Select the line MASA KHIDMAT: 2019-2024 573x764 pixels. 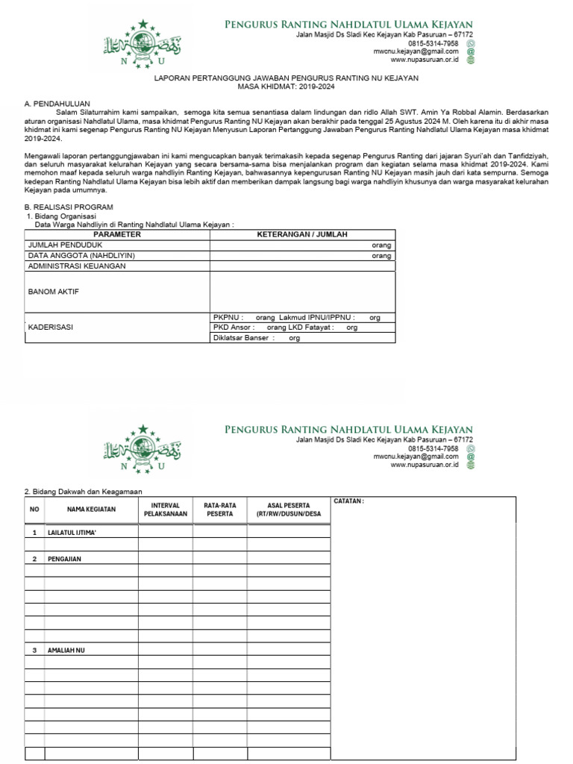pos(286,87)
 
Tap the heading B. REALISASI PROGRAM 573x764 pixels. pos(69,207)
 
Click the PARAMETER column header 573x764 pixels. pos(117,234)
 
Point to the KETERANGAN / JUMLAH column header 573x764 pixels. pos(302,234)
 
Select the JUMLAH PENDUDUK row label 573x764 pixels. pos(65,245)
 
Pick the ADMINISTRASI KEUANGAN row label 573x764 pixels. pos(76,266)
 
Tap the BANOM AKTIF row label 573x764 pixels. pos(53,291)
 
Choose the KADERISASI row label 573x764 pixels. pos(51,327)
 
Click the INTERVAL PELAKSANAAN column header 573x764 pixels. pos(165,510)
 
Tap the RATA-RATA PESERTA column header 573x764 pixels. pos(220,510)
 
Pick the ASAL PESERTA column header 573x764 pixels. pos(288,510)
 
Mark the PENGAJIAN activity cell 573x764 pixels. pos(64,559)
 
